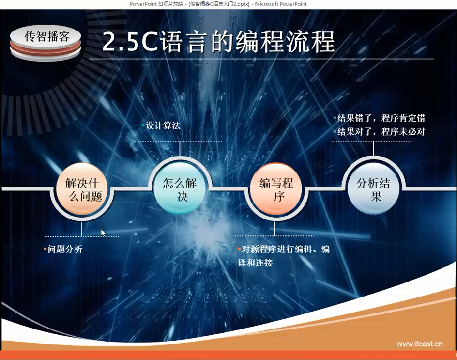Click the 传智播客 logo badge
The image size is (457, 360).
(46, 43)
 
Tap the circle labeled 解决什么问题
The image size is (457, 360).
(82, 189)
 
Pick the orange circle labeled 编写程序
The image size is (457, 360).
(276, 188)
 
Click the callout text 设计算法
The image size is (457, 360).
(163, 126)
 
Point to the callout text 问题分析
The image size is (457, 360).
(65, 249)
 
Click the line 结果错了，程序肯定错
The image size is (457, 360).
(381, 118)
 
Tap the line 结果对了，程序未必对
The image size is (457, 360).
(381, 132)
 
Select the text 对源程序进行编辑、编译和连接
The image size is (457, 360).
(284, 256)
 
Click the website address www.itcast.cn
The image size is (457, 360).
(420, 344)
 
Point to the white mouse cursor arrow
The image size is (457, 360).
(103, 233)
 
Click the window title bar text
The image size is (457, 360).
(218, 4)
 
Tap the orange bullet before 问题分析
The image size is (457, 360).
(45, 249)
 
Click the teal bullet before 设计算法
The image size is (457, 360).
(143, 125)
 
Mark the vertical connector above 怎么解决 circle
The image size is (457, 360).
(180, 149)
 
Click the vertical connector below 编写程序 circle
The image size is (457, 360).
(275, 229)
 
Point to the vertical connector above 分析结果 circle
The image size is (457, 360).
(373, 149)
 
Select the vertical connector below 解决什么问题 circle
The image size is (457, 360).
(82, 229)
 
